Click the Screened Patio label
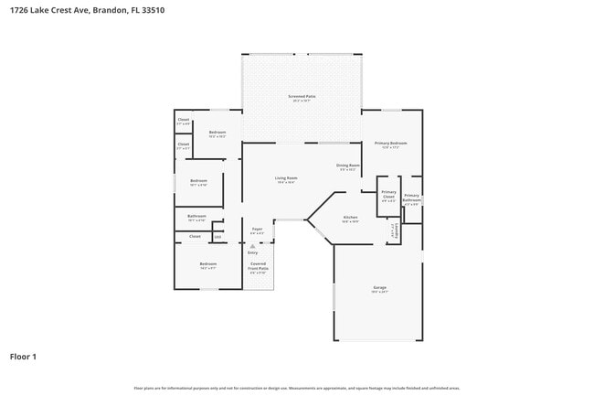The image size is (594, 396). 302,96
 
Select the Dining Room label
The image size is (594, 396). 348,166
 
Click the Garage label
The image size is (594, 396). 379,288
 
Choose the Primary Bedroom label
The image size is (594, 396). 390,144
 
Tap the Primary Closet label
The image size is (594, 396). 388,193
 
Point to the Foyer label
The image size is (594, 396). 257,230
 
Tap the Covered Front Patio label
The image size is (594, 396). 259,268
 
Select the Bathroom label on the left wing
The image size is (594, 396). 196,217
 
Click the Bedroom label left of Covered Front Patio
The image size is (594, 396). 207,264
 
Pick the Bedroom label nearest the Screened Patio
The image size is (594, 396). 217,133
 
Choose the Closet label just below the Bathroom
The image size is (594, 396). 195,237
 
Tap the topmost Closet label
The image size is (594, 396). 183,120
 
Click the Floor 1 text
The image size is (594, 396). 23,356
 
